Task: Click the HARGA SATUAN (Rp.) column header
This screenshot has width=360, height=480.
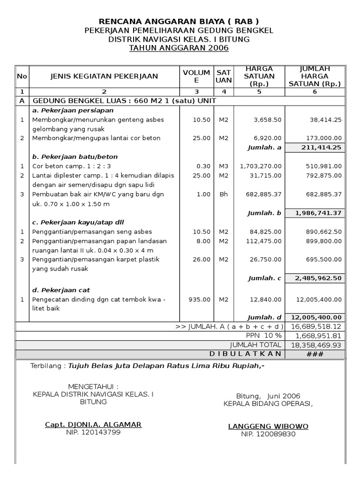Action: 259,76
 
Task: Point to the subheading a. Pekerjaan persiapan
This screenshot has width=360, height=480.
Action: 73,111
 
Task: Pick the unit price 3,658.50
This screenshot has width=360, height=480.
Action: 267,120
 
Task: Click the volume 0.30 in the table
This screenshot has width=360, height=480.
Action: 204,166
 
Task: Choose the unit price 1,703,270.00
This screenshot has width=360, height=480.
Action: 261,166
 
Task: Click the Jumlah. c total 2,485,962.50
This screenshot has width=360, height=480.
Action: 318,278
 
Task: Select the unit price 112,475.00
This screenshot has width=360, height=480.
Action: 265,241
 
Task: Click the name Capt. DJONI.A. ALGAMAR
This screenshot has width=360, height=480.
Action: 93,425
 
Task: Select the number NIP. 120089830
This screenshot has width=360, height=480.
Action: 268,434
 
